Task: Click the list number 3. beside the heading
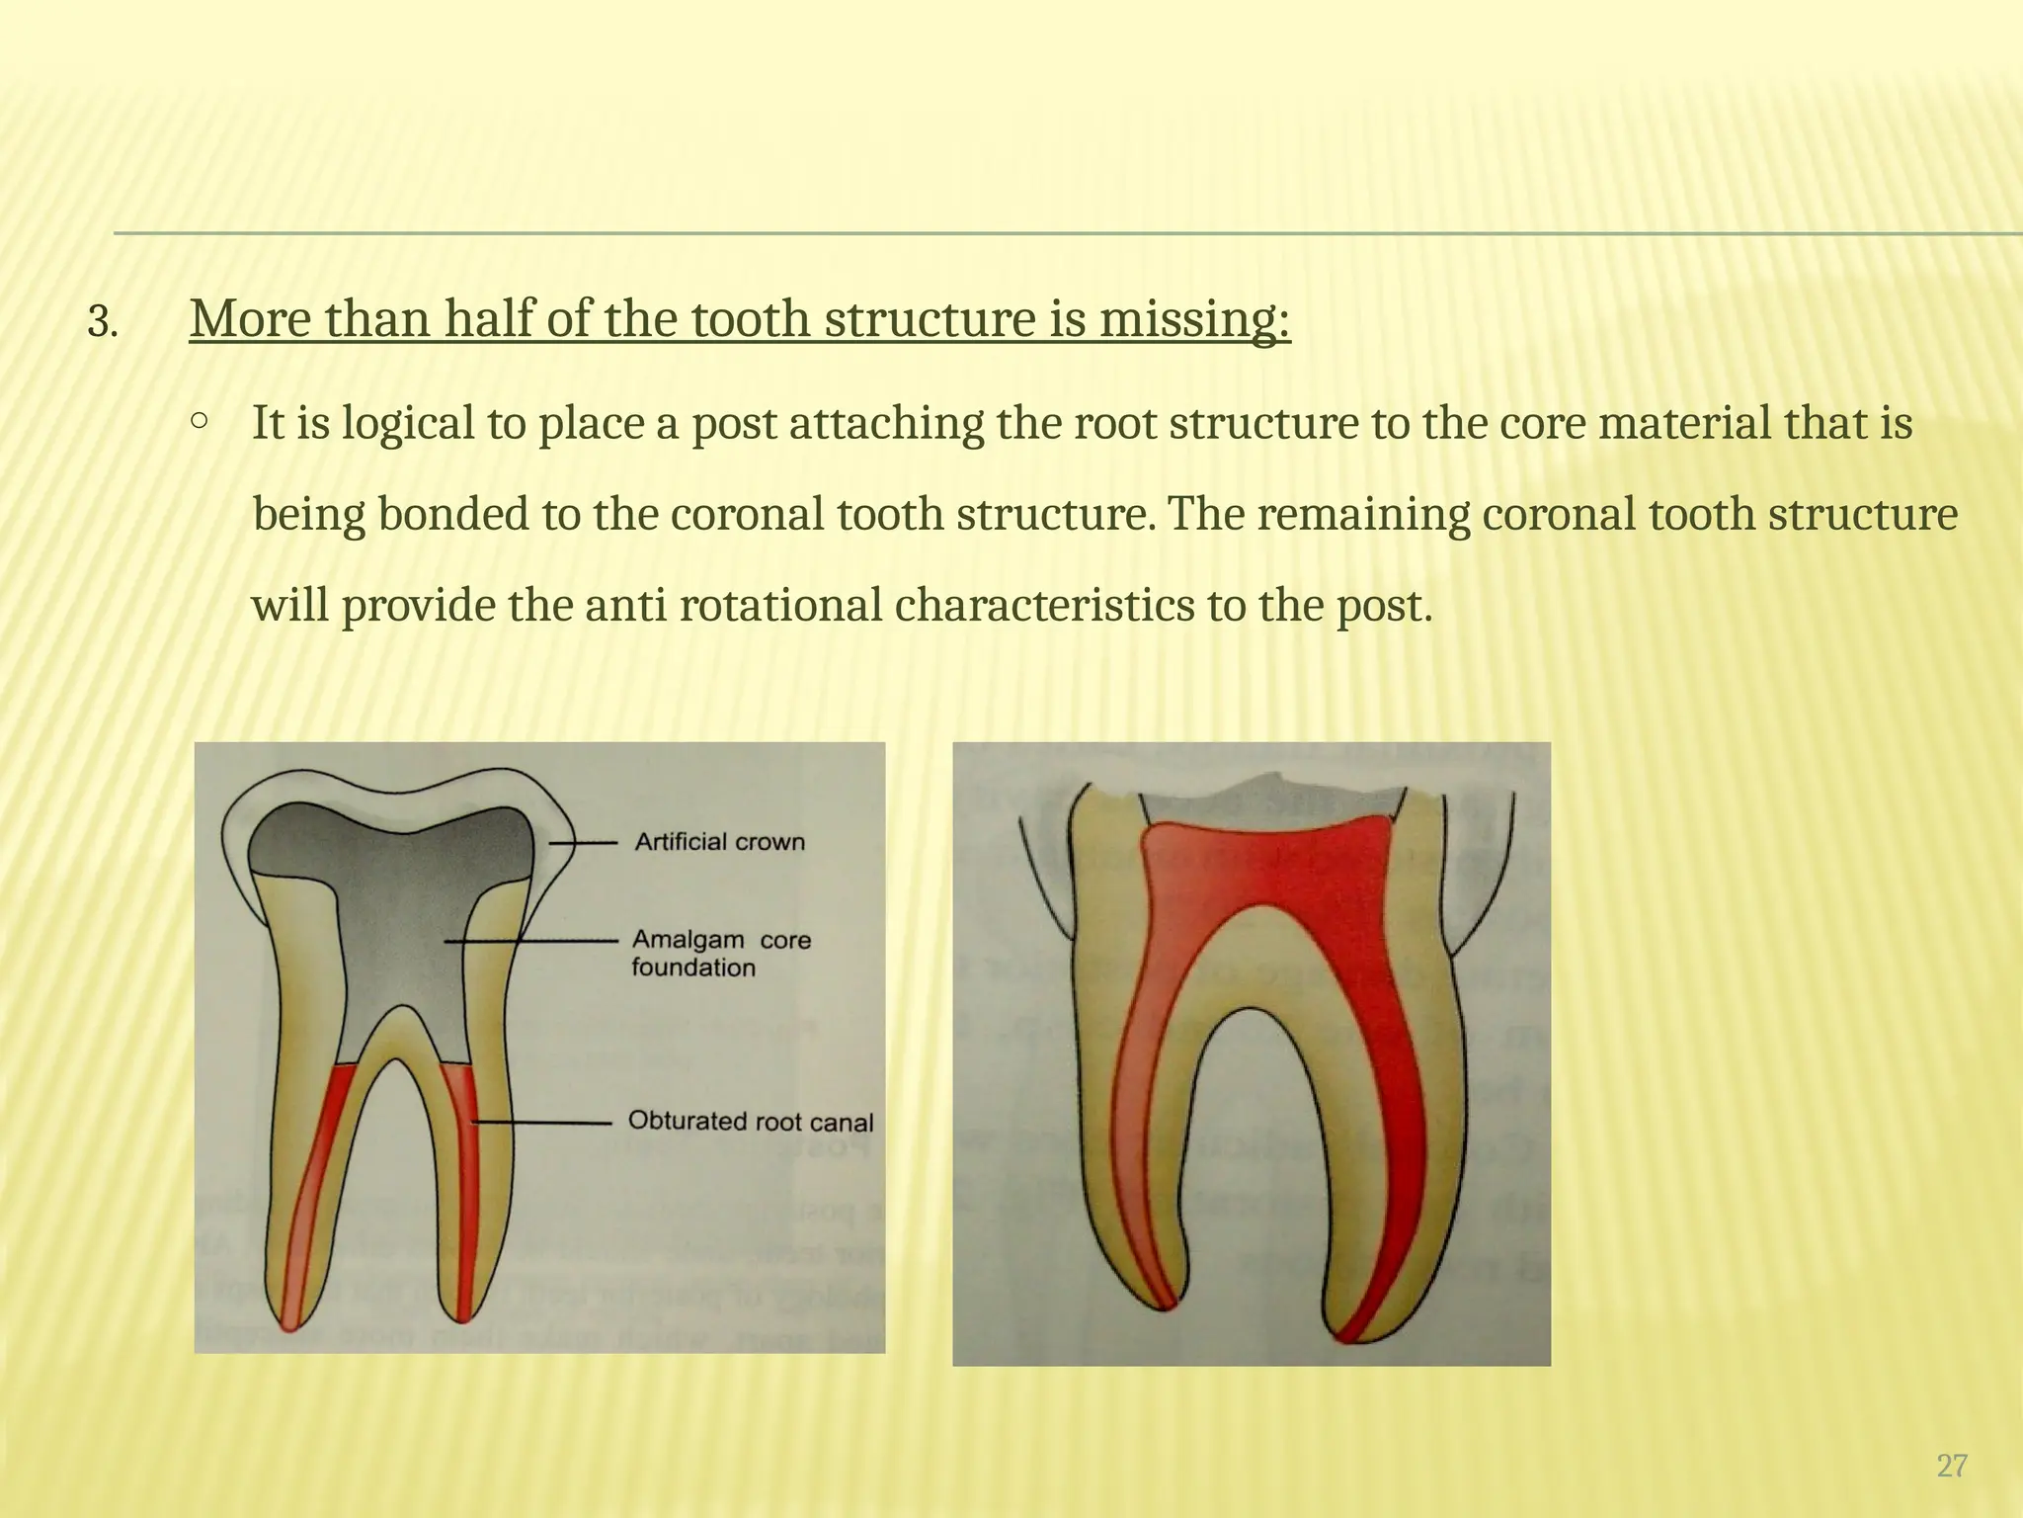click(102, 322)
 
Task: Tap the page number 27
click(1951, 1466)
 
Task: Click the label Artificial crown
click(719, 842)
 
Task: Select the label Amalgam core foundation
click(720, 953)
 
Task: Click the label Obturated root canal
click(751, 1122)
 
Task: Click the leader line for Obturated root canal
click(543, 1123)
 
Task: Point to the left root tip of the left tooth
click(288, 1319)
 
